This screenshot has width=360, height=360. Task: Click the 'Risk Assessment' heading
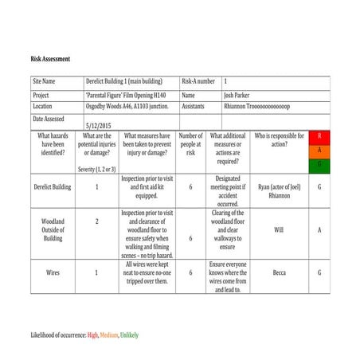[50, 59]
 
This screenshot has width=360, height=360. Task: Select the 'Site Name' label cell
[44, 81]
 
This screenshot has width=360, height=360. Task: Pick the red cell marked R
[319, 136]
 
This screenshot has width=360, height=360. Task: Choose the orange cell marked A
[319, 151]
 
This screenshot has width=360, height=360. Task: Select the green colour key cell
[319, 165]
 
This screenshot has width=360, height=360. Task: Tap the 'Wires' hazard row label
[53, 272]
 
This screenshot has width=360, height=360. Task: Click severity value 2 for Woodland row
[97, 221]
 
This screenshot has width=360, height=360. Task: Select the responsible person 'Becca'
[279, 272]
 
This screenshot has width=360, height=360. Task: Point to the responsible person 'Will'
[279, 230]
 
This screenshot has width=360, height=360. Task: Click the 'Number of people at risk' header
[190, 144]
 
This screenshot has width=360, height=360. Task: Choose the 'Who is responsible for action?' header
[279, 140]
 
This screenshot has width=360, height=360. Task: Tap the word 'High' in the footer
[93, 336]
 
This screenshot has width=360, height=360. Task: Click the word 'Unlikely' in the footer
[128, 336]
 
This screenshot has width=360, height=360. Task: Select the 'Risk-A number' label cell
[198, 81]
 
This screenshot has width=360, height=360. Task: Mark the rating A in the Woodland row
[319, 230]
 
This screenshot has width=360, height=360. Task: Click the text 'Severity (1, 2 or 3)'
[97, 169]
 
